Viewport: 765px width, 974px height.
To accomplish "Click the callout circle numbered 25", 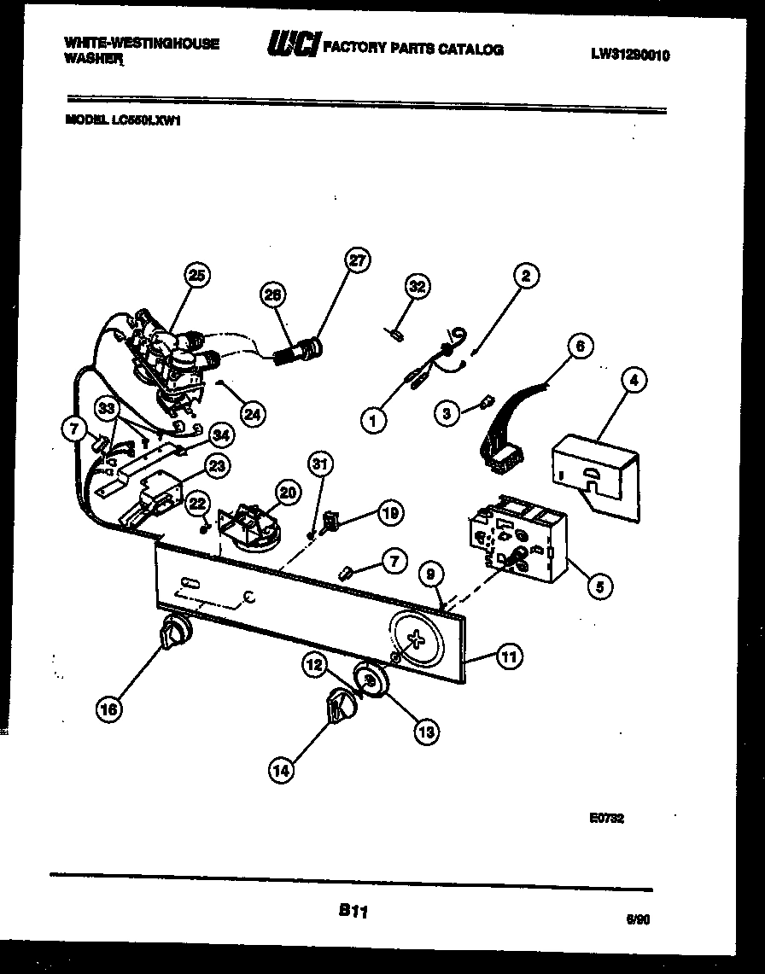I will click(197, 275).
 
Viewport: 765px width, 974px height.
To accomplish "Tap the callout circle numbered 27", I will click(358, 261).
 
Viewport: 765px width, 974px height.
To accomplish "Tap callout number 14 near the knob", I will click(281, 770).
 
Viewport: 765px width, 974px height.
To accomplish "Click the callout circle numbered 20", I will click(287, 492).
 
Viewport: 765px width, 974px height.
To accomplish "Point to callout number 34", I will click(220, 436).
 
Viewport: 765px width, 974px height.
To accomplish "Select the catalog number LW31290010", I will click(630, 55).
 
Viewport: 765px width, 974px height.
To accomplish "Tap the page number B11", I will click(352, 912).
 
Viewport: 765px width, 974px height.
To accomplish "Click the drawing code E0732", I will click(607, 817).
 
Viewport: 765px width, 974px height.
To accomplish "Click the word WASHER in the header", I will click(94, 61).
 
